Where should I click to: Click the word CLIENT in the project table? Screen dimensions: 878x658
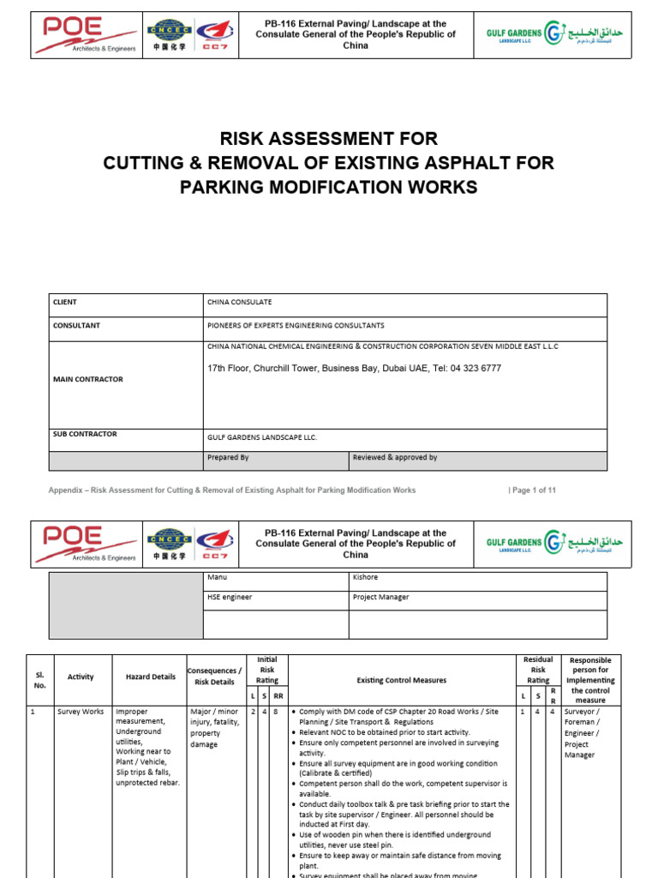(65, 303)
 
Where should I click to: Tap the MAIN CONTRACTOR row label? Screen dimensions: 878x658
(87, 379)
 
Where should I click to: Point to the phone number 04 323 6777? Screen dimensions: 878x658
(470, 369)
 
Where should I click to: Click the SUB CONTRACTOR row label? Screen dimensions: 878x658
(85, 435)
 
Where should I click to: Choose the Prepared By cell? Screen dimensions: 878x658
(228, 458)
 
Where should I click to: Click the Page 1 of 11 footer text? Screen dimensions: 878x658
(533, 490)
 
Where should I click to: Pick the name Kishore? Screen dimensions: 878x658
(366, 578)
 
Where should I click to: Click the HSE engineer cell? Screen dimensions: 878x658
(230, 598)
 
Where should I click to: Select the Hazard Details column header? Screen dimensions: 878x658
(150, 677)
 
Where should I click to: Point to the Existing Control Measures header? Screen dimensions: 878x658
(402, 681)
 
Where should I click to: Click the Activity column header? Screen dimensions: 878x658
(81, 677)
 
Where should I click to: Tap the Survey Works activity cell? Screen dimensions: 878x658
(81, 712)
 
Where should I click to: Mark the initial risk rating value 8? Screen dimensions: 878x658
(278, 712)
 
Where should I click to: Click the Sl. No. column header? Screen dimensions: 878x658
(40, 680)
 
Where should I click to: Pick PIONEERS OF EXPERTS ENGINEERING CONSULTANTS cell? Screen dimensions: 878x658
(296, 326)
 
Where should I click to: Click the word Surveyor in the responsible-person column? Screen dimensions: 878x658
(583, 712)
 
